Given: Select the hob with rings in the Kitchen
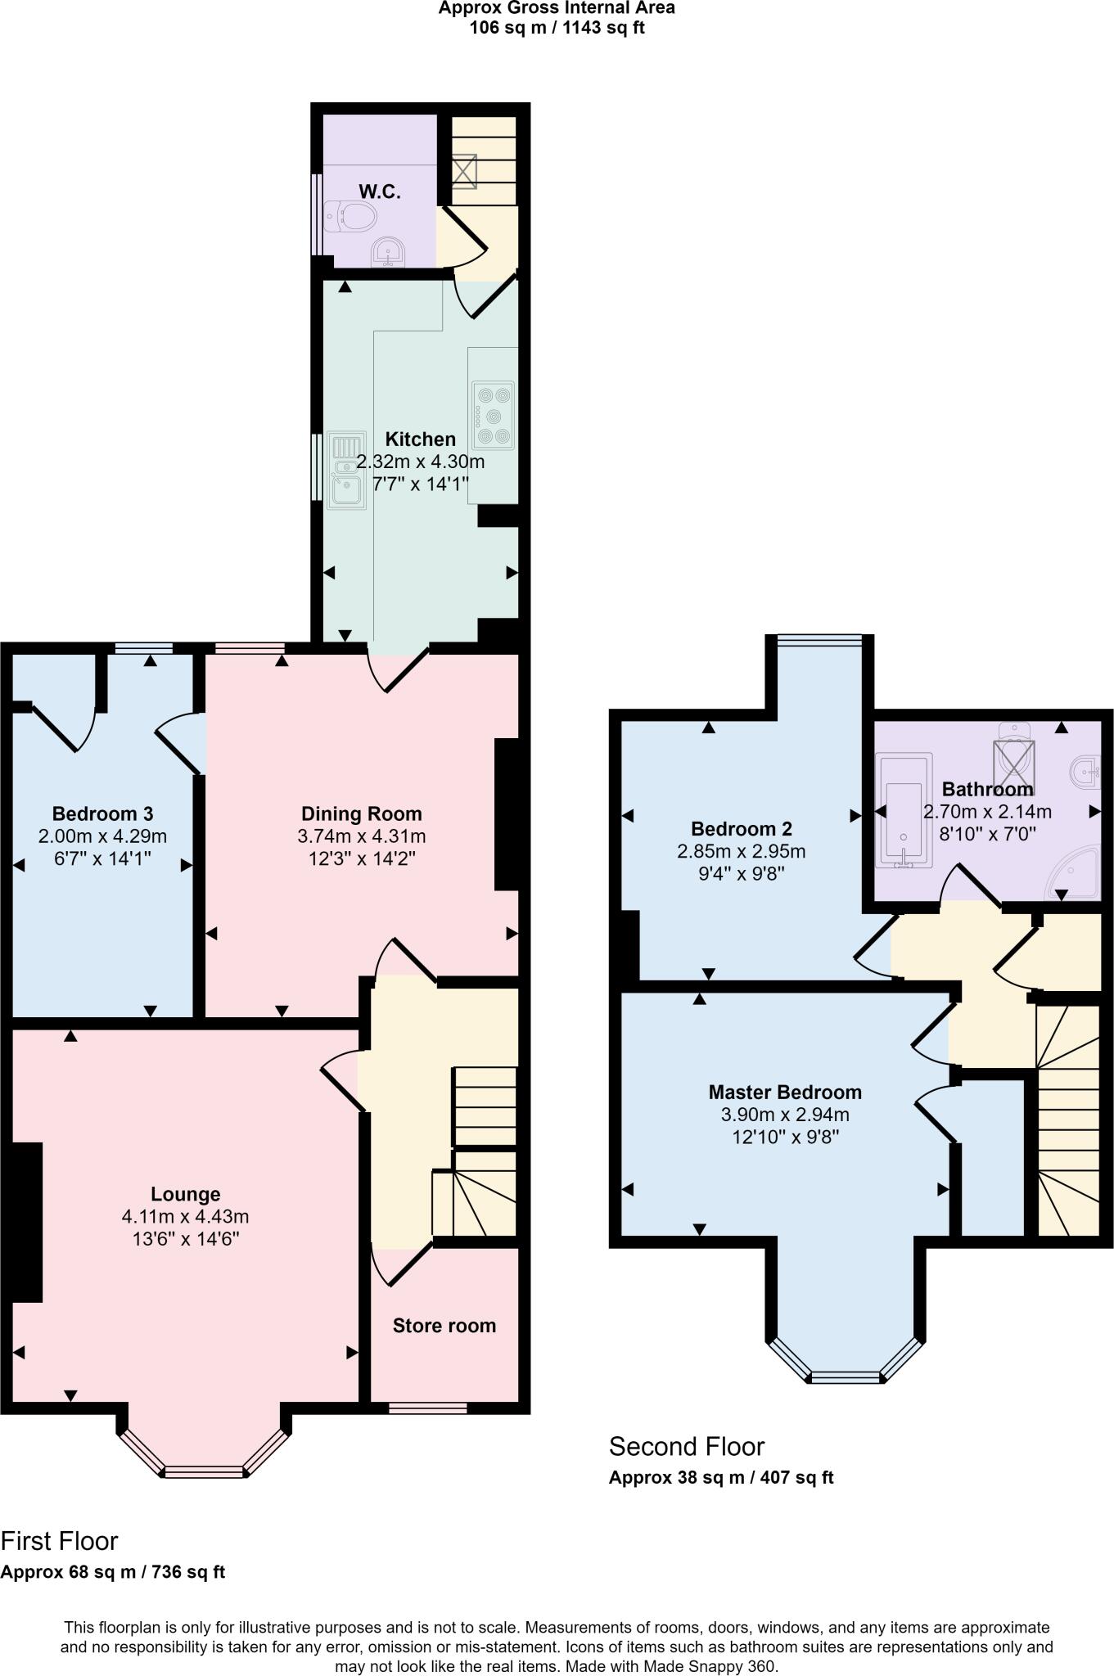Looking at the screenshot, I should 493,416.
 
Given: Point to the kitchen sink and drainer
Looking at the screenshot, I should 347,469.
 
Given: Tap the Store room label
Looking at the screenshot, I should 444,1326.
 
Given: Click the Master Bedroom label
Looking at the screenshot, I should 785,1092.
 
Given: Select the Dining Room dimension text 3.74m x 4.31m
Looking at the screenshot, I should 362,836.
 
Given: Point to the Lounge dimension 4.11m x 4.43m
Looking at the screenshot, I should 185,1216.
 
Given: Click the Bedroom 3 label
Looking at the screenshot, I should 102,813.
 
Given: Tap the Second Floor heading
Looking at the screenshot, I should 686,1447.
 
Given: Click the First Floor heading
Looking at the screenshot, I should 60,1541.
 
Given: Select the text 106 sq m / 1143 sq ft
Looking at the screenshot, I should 557,28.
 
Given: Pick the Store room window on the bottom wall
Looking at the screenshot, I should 427,1408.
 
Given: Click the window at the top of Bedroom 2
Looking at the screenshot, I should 819,641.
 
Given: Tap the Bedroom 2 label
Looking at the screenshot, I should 741,828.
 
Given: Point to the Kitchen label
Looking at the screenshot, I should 421,439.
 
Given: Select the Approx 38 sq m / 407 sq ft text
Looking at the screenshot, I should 721,1478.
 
